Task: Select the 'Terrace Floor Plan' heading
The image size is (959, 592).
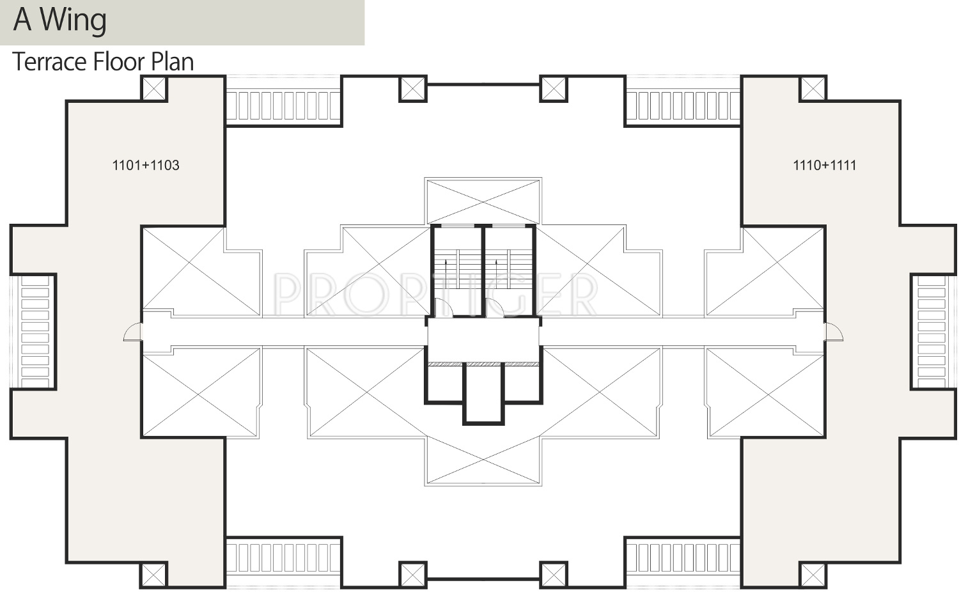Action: (103, 62)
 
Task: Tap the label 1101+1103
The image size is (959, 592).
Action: (146, 165)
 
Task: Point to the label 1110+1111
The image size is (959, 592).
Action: (824, 165)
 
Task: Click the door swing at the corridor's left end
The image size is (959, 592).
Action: (133, 332)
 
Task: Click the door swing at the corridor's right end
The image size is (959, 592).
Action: (834, 332)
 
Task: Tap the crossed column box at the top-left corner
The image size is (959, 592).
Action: (153, 88)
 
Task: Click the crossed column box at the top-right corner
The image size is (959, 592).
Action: (813, 88)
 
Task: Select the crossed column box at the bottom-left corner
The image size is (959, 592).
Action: (153, 575)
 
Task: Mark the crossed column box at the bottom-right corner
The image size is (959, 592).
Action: (813, 575)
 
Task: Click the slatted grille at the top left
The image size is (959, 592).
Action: (283, 105)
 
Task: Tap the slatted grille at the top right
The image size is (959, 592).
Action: (682, 105)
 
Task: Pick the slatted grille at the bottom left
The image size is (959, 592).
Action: (283, 558)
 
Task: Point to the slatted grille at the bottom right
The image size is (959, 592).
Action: (682, 558)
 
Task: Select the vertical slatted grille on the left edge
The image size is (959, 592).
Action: (35, 331)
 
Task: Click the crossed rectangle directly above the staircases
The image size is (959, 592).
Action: (483, 201)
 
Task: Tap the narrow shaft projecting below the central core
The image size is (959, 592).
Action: (483, 393)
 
